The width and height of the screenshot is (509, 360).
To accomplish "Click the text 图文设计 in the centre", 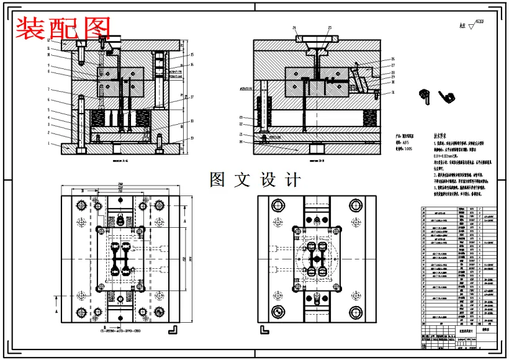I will pyautogui.click(x=254, y=180).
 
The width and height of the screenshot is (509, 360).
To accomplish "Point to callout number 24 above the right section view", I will pyautogui.click(x=295, y=28).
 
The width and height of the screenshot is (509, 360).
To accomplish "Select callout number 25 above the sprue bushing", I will pyautogui.click(x=330, y=28).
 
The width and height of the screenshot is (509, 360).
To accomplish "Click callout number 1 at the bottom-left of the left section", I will pyautogui.click(x=48, y=143).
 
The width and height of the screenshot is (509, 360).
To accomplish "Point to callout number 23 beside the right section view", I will pyautogui.click(x=241, y=117).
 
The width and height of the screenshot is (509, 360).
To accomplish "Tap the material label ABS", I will pyautogui.click(x=406, y=142).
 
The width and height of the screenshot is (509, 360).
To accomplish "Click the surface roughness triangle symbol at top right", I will pyautogui.click(x=472, y=27).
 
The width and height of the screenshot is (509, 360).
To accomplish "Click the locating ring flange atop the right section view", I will pyautogui.click(x=317, y=38).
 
